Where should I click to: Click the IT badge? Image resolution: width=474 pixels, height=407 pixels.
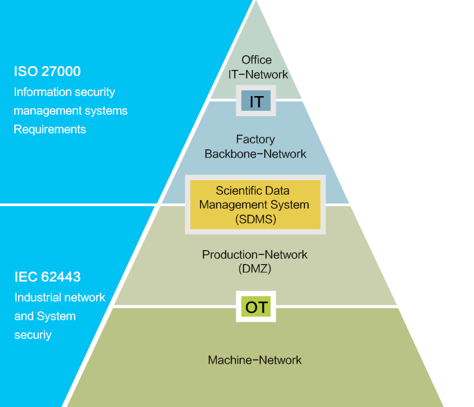point(256,101)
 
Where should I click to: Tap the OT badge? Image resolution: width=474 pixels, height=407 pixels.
point(256,307)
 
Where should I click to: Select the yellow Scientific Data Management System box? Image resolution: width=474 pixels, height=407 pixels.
point(254,205)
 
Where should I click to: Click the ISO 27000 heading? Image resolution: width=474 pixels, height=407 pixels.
point(47,71)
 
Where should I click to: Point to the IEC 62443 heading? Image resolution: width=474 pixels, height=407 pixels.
point(47,277)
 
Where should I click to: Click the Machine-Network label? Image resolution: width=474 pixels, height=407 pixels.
point(254,360)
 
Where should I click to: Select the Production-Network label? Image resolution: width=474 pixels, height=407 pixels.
point(254,255)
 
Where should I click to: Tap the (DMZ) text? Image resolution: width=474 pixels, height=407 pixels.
point(254,269)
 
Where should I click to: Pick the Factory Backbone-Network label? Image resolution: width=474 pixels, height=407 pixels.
point(255,147)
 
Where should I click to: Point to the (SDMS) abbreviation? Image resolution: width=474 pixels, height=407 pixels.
point(255,218)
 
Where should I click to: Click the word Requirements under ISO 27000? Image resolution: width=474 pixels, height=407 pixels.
point(50,129)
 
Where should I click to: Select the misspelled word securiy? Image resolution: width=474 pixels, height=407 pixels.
point(33,335)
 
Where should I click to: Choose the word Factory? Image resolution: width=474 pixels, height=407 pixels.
point(255,139)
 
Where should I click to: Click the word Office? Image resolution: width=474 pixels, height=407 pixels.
point(256,60)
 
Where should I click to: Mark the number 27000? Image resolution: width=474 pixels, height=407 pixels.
point(61,71)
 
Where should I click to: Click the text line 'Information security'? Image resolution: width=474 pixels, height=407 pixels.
point(64,92)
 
